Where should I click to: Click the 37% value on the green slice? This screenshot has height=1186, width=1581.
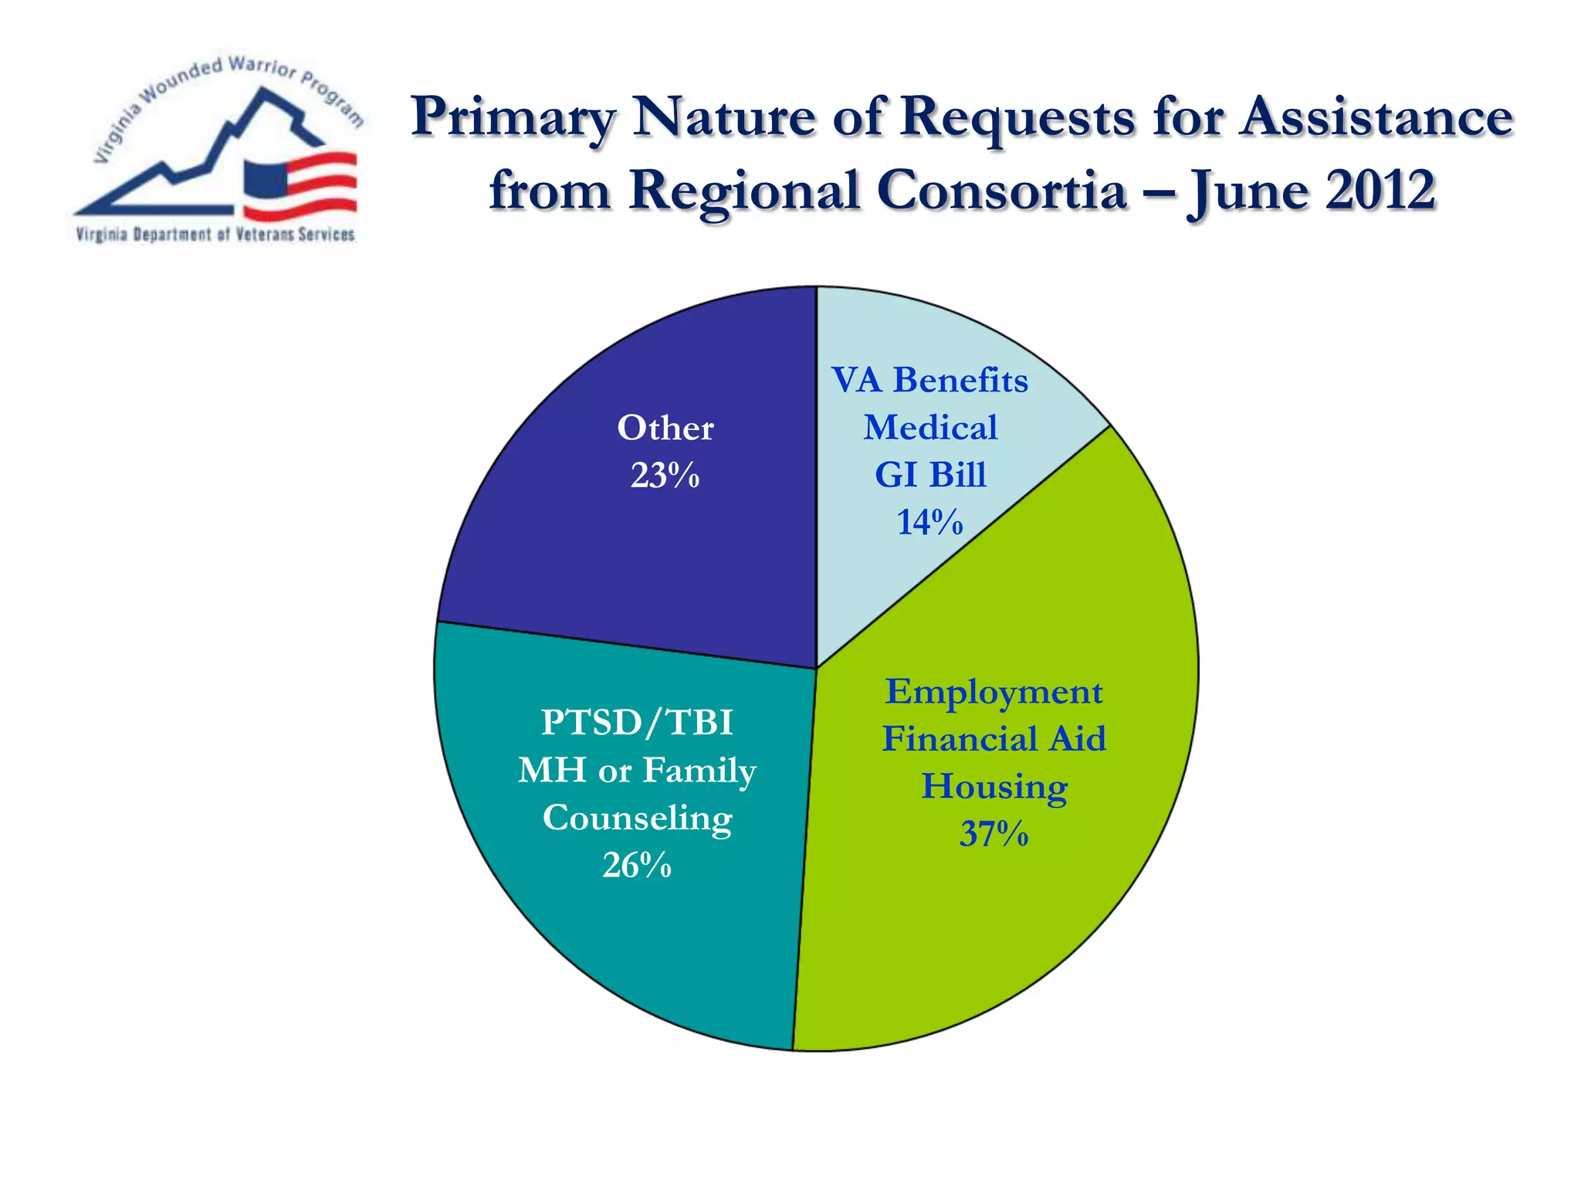(994, 834)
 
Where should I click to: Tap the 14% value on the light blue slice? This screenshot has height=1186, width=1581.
(929, 523)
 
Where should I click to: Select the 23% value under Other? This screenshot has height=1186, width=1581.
(665, 476)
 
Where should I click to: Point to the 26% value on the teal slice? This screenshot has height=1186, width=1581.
(637, 866)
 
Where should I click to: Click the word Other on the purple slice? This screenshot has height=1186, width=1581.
(665, 429)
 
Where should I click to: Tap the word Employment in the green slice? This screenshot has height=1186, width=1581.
(994, 692)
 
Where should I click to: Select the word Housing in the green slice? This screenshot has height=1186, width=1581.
(994, 788)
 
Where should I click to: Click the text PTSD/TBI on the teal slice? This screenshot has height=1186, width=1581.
(637, 723)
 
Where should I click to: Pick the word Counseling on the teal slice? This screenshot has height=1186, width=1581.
(637, 818)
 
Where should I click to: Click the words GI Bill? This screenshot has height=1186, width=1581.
(930, 475)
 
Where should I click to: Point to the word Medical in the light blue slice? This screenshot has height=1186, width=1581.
(930, 428)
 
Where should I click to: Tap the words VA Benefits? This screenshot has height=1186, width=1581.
(929, 381)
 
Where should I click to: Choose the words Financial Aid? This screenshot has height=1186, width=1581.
(994, 739)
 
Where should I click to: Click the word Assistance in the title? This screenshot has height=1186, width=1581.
(1376, 117)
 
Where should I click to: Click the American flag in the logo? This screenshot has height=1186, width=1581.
(300, 184)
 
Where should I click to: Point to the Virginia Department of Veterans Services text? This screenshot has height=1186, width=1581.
(215, 235)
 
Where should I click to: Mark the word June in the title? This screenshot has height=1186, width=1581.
(1248, 191)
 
